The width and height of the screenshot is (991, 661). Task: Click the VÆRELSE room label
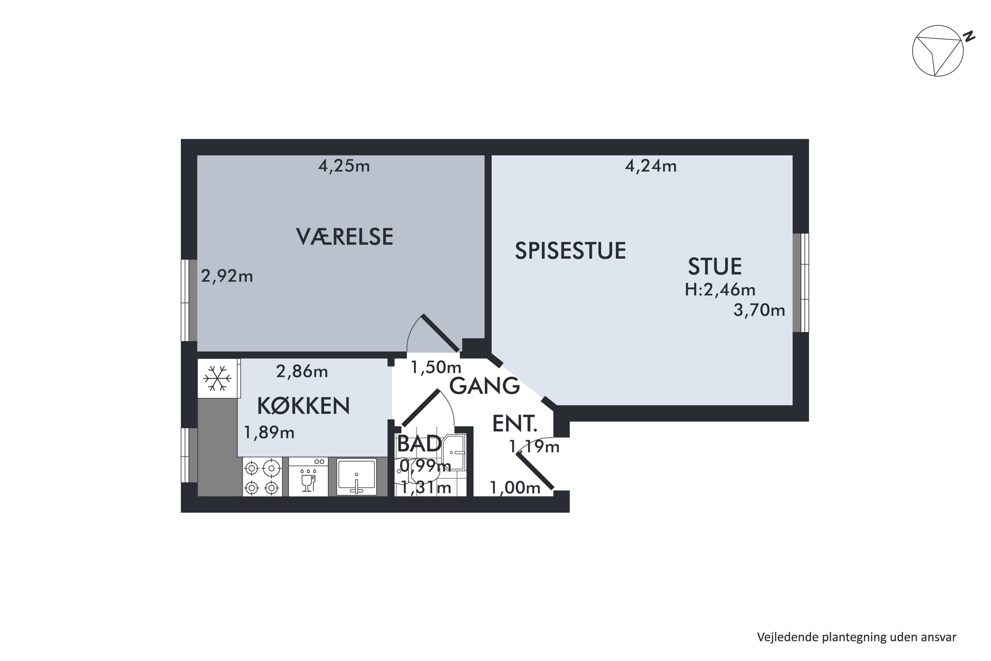point(344,237)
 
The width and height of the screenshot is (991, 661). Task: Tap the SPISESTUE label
point(570,251)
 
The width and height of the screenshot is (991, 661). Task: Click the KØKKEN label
point(303,406)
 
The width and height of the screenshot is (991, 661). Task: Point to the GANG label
point(484,386)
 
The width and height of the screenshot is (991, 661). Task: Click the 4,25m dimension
point(344,166)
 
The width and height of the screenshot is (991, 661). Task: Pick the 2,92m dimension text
point(227,276)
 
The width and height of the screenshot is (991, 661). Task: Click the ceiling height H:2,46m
point(720,290)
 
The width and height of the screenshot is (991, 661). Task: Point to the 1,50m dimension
point(436,367)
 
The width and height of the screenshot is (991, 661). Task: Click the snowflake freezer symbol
point(217,378)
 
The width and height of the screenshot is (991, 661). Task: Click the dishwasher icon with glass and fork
point(309,479)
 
